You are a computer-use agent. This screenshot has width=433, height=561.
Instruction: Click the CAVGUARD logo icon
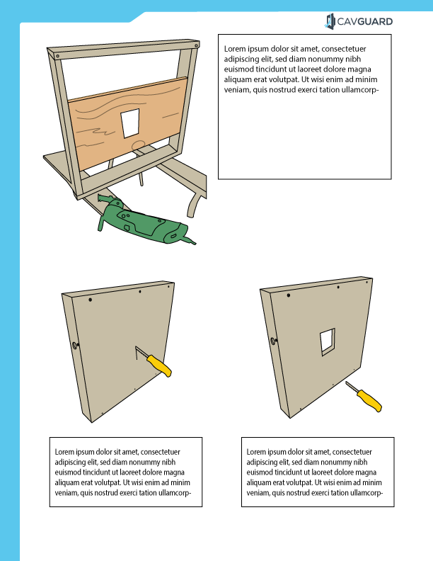click(330, 22)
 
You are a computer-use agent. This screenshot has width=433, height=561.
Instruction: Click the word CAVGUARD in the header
click(365, 22)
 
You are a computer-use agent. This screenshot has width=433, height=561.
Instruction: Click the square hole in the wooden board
click(131, 123)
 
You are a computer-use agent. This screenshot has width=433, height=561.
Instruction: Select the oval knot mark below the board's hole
click(139, 144)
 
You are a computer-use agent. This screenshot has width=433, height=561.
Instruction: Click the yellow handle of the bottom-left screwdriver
click(160, 366)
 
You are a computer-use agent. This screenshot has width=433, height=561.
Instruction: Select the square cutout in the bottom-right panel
click(327, 341)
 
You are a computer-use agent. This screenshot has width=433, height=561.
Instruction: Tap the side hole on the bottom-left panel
click(74, 346)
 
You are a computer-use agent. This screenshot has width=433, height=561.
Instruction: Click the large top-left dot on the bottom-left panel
click(91, 300)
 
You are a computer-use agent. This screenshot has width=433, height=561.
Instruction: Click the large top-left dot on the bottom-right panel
click(288, 294)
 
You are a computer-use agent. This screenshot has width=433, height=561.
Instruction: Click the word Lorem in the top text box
click(235, 49)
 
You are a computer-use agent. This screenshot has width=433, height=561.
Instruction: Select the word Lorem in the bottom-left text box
click(66, 451)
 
